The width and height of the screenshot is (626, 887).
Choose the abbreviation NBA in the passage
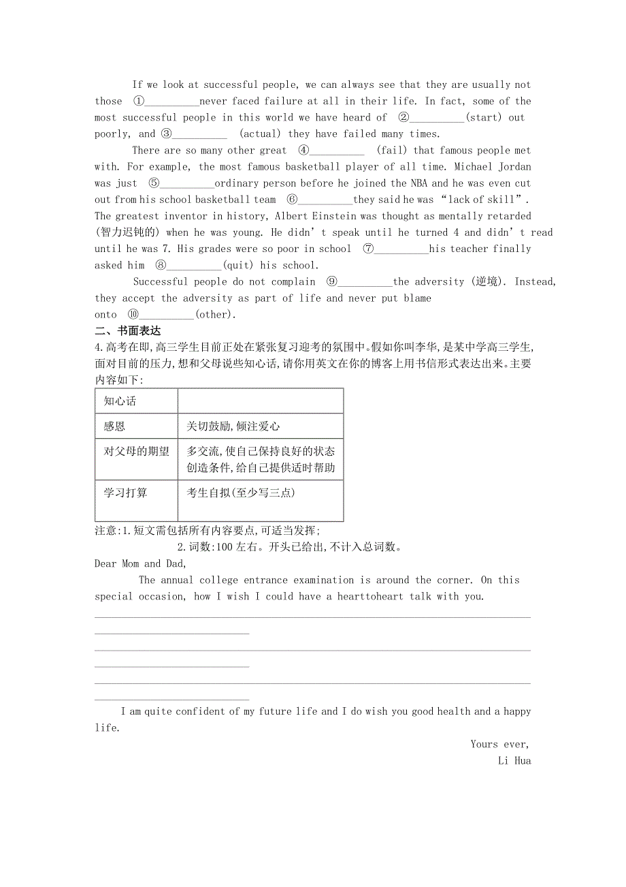click(x=418, y=183)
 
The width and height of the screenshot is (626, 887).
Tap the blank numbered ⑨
click(x=365, y=281)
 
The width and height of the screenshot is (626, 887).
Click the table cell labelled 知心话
click(x=120, y=401)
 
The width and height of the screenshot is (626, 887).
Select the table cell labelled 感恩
click(x=114, y=426)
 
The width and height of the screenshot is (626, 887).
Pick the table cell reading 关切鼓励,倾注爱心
click(x=233, y=426)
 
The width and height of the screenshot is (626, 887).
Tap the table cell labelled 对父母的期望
click(x=136, y=452)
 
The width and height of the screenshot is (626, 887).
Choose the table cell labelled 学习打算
click(x=125, y=493)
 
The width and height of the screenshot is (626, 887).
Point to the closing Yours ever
click(x=499, y=744)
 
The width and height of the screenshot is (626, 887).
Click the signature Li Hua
click(x=514, y=760)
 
